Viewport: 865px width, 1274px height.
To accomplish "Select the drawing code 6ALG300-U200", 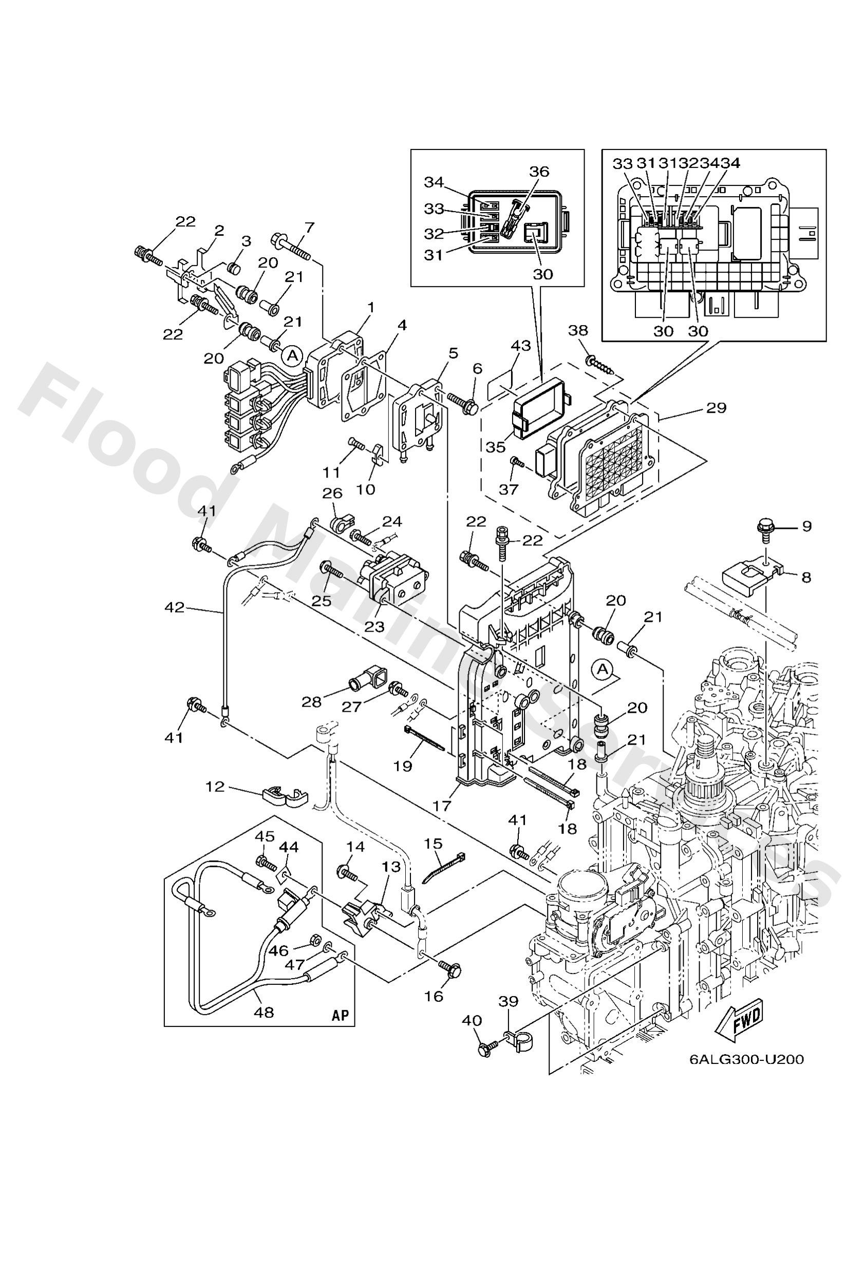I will [x=746, y=1075].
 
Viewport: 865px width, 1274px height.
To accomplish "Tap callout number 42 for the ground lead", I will [x=176, y=607].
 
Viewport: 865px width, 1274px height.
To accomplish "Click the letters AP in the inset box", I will [x=341, y=1015].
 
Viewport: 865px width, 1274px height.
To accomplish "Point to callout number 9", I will [x=806, y=526].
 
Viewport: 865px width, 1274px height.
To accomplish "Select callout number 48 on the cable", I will [x=264, y=1012].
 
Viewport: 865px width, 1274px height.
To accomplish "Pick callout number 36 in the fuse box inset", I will [x=539, y=171].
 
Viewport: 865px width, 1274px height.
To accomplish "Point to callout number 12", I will [x=216, y=787].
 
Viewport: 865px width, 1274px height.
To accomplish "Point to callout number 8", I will [x=806, y=577].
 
